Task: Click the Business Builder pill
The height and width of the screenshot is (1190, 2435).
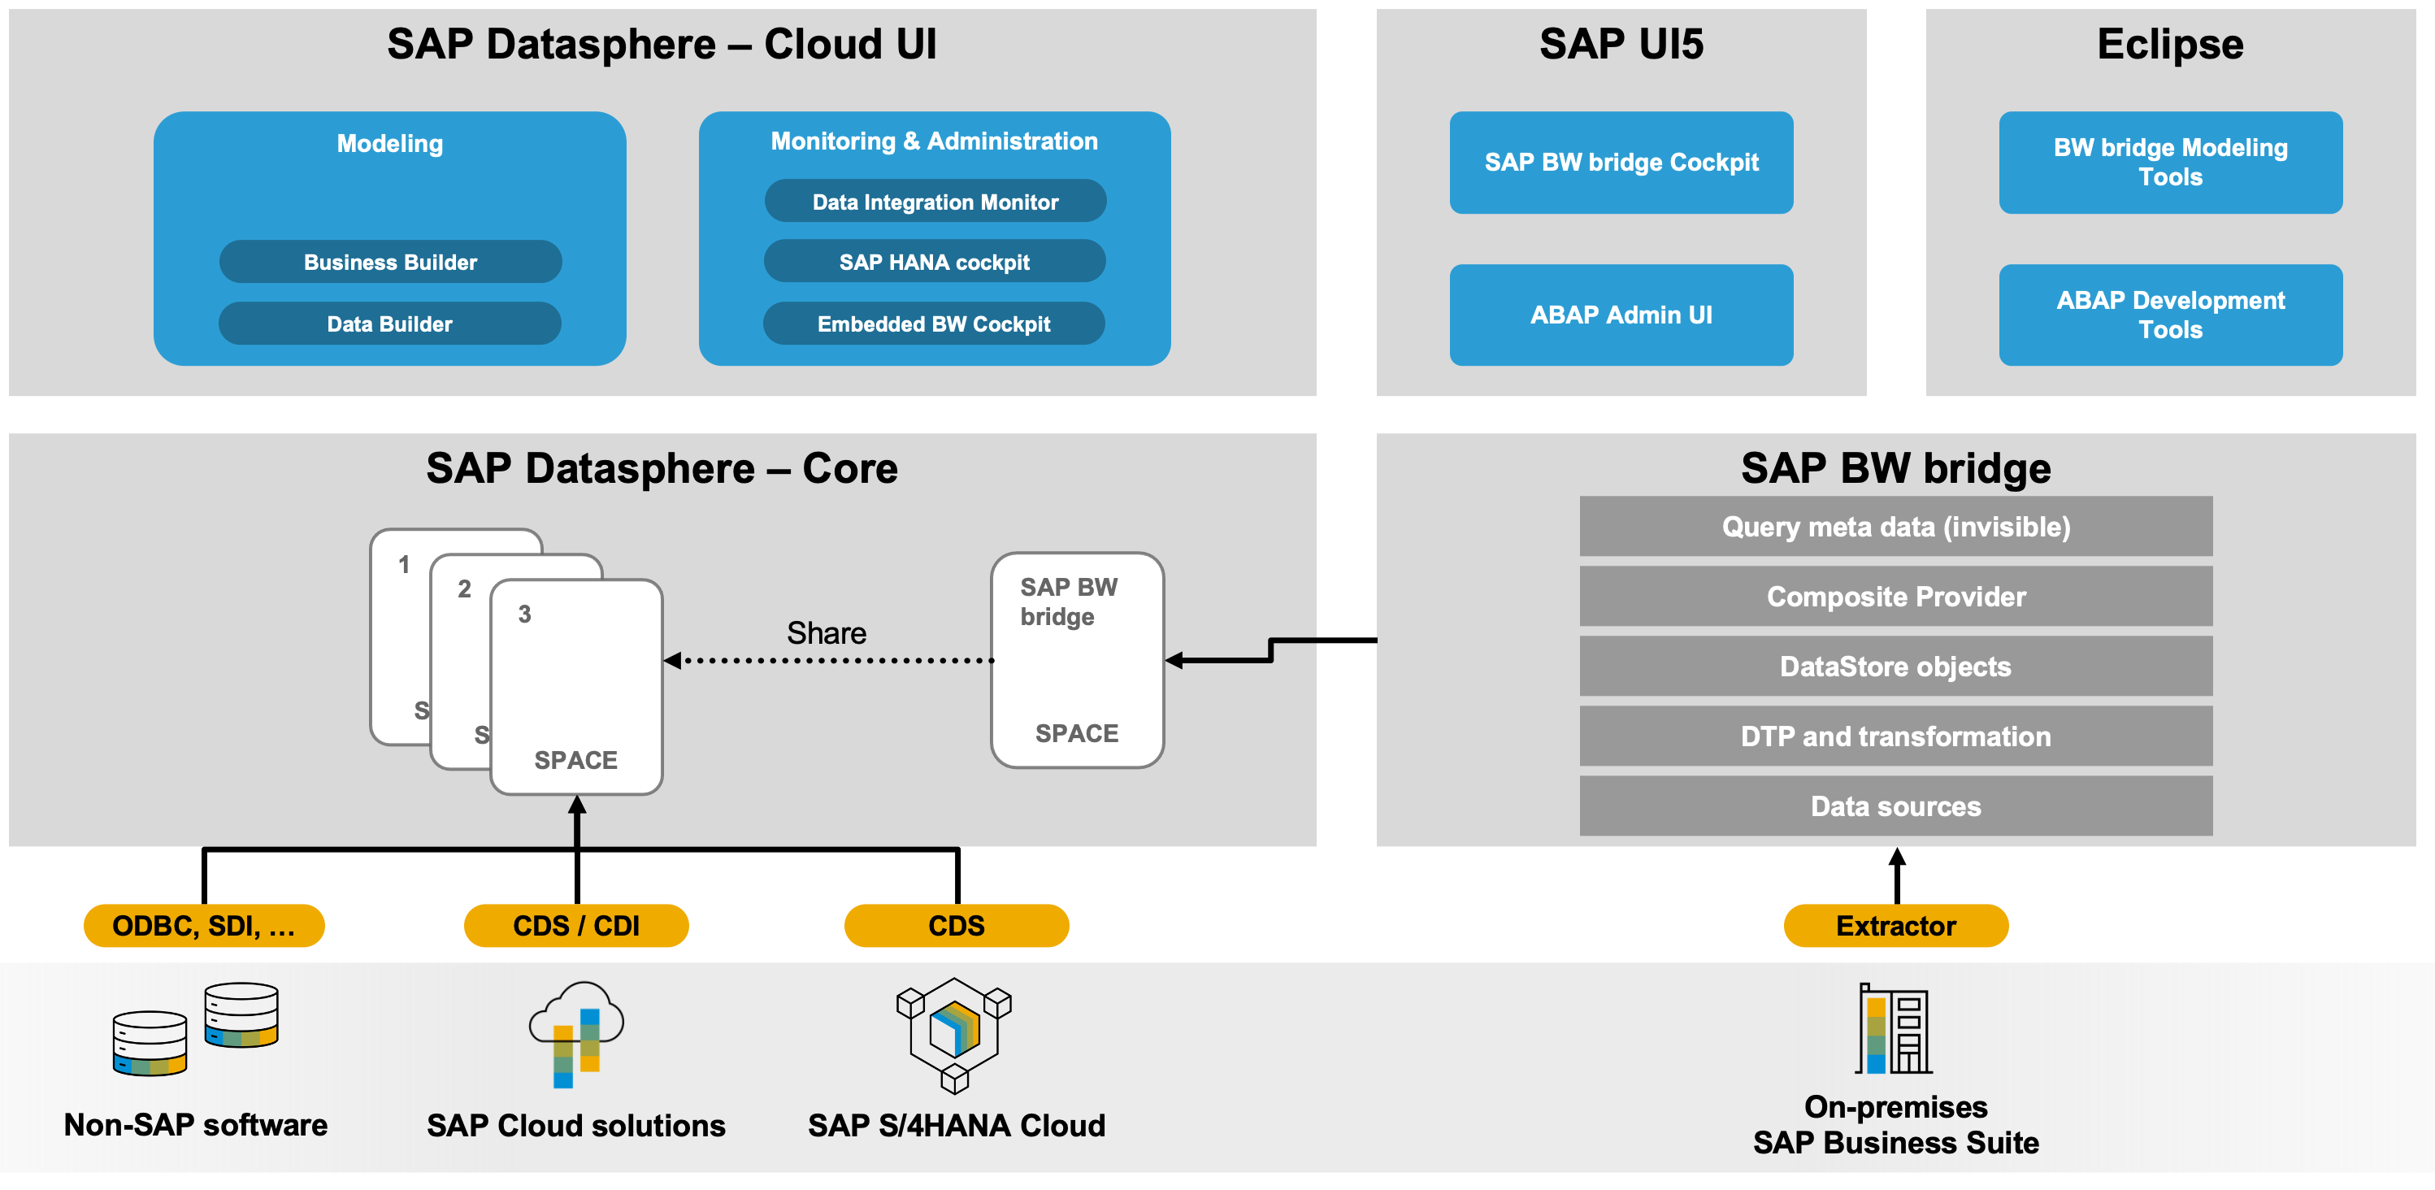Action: [390, 262]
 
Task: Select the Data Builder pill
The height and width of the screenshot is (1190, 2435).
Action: [389, 324]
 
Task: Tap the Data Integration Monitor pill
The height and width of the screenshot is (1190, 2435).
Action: [935, 202]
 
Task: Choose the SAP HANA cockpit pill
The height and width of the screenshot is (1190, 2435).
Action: [934, 262]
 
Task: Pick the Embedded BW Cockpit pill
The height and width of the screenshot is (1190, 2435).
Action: [933, 324]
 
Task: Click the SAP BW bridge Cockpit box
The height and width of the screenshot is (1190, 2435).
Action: [1621, 163]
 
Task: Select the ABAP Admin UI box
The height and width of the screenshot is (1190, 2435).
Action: [1621, 315]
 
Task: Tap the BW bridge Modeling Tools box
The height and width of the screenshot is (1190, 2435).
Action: [2169, 163]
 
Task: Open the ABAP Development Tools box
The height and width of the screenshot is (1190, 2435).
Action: [2169, 315]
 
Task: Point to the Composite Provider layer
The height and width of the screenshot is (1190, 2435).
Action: [1895, 597]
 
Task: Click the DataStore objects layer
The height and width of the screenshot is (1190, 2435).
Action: [1895, 667]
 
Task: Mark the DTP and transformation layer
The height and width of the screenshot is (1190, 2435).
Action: [1895, 736]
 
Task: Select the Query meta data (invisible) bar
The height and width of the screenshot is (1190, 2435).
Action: [1895, 527]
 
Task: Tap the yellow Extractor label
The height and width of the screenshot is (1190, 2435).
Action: [1895, 925]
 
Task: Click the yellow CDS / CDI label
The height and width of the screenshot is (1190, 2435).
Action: [575, 925]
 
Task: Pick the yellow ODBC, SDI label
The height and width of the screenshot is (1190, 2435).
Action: [203, 925]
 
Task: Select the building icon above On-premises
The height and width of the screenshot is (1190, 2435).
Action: [1894, 1028]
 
